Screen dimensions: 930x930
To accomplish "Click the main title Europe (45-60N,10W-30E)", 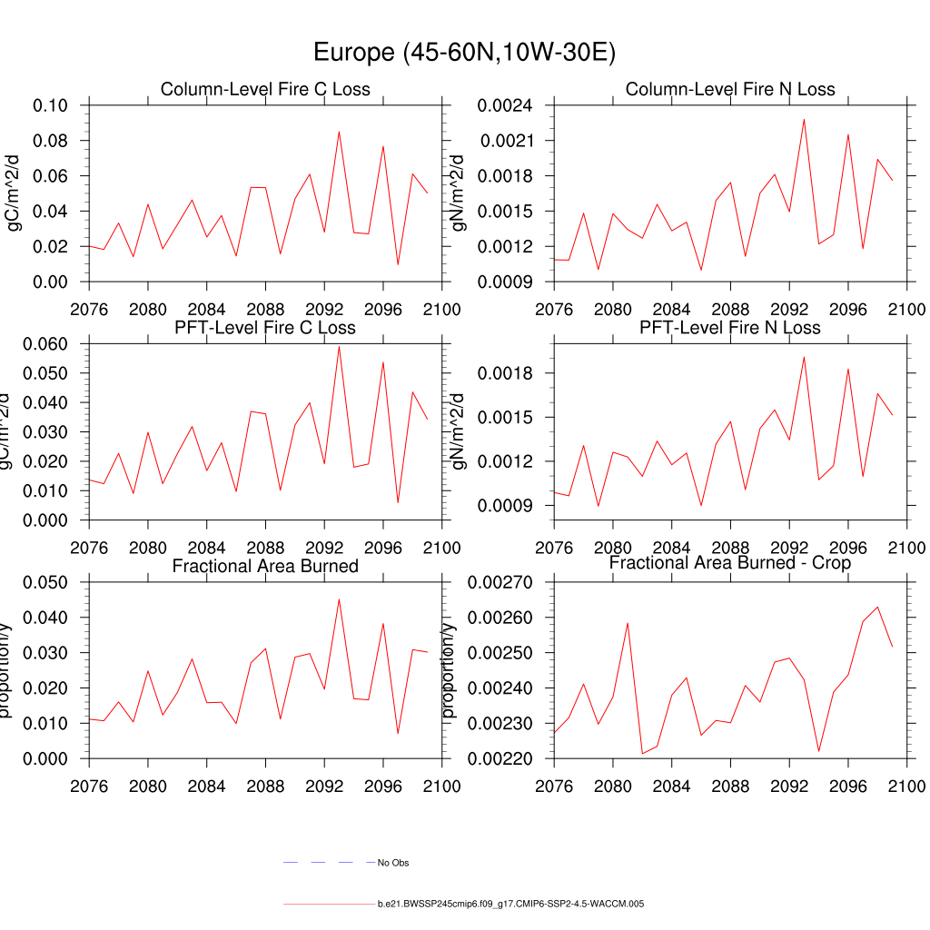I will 464,53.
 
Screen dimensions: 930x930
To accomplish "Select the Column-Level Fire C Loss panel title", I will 265,89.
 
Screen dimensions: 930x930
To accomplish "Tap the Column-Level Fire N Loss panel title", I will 730,89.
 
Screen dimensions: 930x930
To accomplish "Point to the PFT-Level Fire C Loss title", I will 265,327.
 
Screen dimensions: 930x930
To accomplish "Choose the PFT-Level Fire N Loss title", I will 730,327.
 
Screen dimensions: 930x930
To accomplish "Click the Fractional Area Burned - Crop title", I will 730,564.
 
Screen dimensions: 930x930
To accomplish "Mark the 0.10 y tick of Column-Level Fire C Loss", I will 51,105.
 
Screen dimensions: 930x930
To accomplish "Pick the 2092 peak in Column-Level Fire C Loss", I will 339,132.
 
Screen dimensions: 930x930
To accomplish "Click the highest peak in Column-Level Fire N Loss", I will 804,119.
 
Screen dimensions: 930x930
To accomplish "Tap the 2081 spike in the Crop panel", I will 628,623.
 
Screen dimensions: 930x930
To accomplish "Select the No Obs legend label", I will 393,863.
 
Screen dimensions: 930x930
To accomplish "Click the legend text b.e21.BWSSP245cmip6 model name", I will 511,905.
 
